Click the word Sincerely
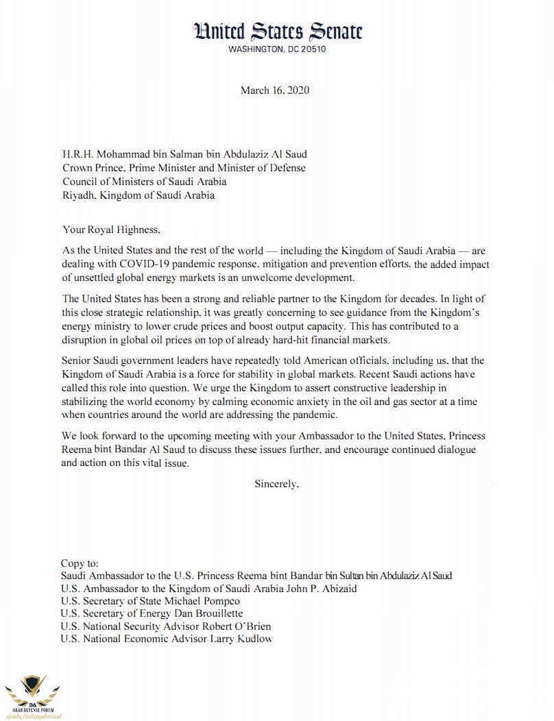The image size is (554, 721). [x=277, y=483]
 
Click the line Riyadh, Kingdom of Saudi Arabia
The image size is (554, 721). [x=137, y=195]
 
